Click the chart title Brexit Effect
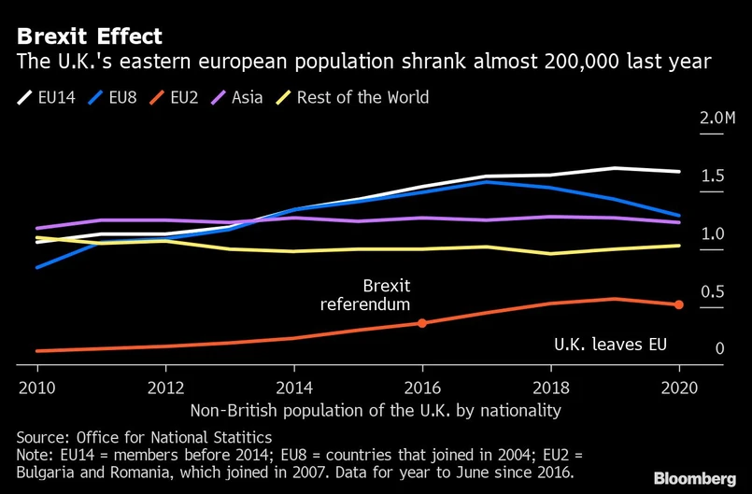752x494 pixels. (90, 36)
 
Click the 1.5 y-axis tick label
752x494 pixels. (713, 176)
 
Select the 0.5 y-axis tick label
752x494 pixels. (713, 291)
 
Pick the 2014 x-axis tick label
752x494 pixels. (293, 387)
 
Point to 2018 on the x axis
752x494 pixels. (550, 387)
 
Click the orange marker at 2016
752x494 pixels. (422, 323)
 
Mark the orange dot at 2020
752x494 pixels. (679, 304)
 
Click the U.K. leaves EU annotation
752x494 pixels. (611, 345)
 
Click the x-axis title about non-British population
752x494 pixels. (376, 410)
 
